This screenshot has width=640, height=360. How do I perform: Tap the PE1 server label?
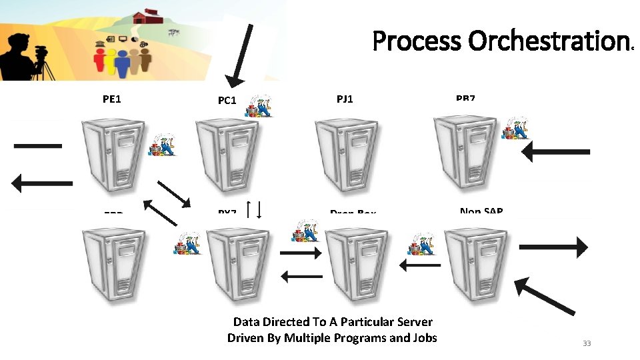(x=112, y=99)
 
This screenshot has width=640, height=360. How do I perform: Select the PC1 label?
(x=227, y=101)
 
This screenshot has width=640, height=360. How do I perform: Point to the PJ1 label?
(x=345, y=99)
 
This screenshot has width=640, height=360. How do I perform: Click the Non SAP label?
(x=481, y=211)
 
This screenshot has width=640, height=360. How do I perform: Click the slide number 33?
(x=587, y=343)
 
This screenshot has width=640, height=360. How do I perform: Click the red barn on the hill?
(x=148, y=16)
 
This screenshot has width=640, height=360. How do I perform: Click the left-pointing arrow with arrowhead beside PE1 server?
(x=42, y=181)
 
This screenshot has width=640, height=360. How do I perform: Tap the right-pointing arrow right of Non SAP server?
(x=553, y=247)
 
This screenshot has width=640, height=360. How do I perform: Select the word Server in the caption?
(x=409, y=322)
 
